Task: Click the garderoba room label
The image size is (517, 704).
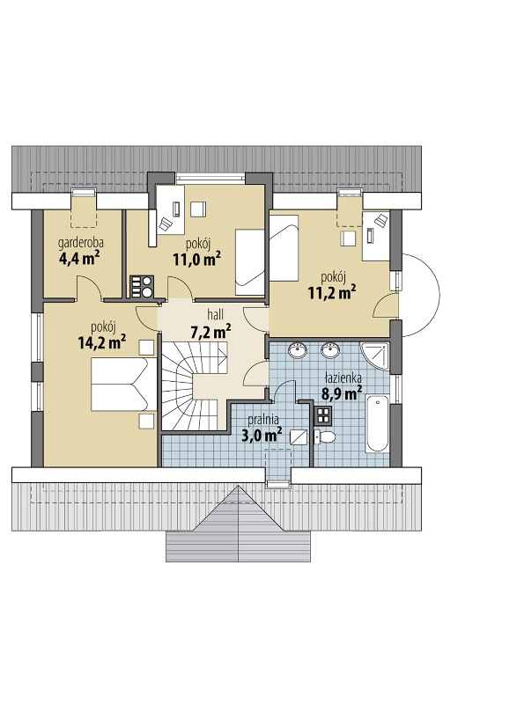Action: (x=80, y=244)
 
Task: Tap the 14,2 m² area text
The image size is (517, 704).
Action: (x=101, y=342)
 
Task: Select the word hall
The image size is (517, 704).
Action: (x=215, y=314)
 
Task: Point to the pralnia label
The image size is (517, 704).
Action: (x=263, y=421)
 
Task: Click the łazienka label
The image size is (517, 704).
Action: (x=342, y=378)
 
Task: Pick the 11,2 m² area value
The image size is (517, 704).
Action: (x=332, y=292)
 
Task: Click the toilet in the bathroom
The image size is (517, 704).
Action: (x=324, y=436)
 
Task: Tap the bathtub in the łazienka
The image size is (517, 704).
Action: (x=377, y=423)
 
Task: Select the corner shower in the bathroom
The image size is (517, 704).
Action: (x=374, y=356)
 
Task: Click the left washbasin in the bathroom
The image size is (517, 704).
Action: (x=298, y=349)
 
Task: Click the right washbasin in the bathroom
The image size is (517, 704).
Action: (x=330, y=349)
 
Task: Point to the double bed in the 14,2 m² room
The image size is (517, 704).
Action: (x=123, y=384)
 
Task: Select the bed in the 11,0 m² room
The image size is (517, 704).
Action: (x=249, y=262)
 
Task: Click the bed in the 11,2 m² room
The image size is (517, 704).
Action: (x=284, y=248)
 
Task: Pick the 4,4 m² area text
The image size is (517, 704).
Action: (x=79, y=259)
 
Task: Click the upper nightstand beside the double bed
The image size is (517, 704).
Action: (x=146, y=348)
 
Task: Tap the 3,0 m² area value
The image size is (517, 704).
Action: (x=262, y=435)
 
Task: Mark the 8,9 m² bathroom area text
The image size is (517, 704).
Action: (x=342, y=393)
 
